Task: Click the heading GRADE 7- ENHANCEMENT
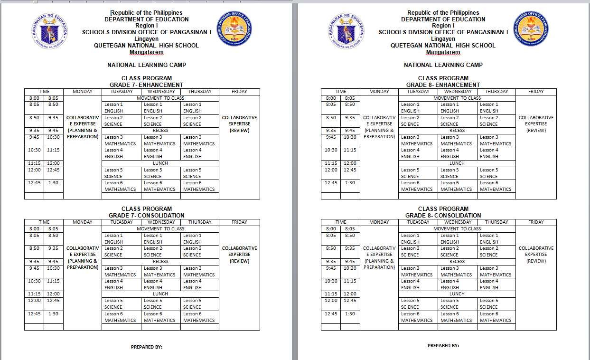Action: tap(146, 85)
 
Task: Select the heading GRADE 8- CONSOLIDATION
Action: tap(443, 216)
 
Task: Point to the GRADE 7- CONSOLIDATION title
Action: tap(146, 216)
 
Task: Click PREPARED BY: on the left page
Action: tap(147, 347)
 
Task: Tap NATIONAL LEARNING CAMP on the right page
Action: tap(443, 65)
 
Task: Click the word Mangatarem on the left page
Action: tap(146, 52)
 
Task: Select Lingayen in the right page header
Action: tap(443, 39)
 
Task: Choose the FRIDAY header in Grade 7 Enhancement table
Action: tap(239, 92)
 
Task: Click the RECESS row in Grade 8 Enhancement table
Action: tap(457, 131)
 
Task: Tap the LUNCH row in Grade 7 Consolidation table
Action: tap(160, 294)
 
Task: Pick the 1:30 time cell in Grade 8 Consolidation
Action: tap(350, 314)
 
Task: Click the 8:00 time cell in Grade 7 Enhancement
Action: tap(34, 98)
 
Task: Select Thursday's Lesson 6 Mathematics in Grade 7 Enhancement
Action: tap(199, 186)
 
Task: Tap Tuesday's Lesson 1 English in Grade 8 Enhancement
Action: tap(417, 108)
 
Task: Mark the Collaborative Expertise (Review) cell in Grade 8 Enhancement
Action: tap(536, 124)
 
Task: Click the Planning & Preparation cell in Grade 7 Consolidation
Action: tap(83, 257)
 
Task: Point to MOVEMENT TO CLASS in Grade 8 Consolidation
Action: tap(457, 229)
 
